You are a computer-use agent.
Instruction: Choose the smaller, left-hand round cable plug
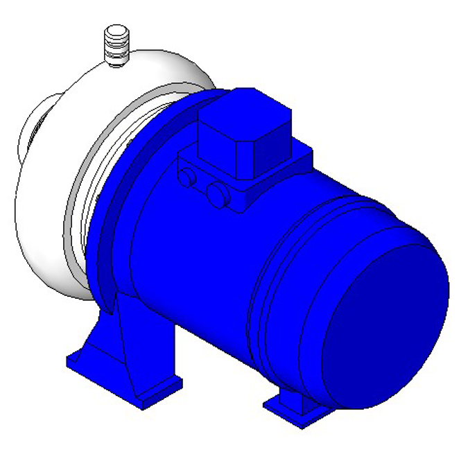pos(187,177)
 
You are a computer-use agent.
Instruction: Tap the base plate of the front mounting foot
pos(125,381)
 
